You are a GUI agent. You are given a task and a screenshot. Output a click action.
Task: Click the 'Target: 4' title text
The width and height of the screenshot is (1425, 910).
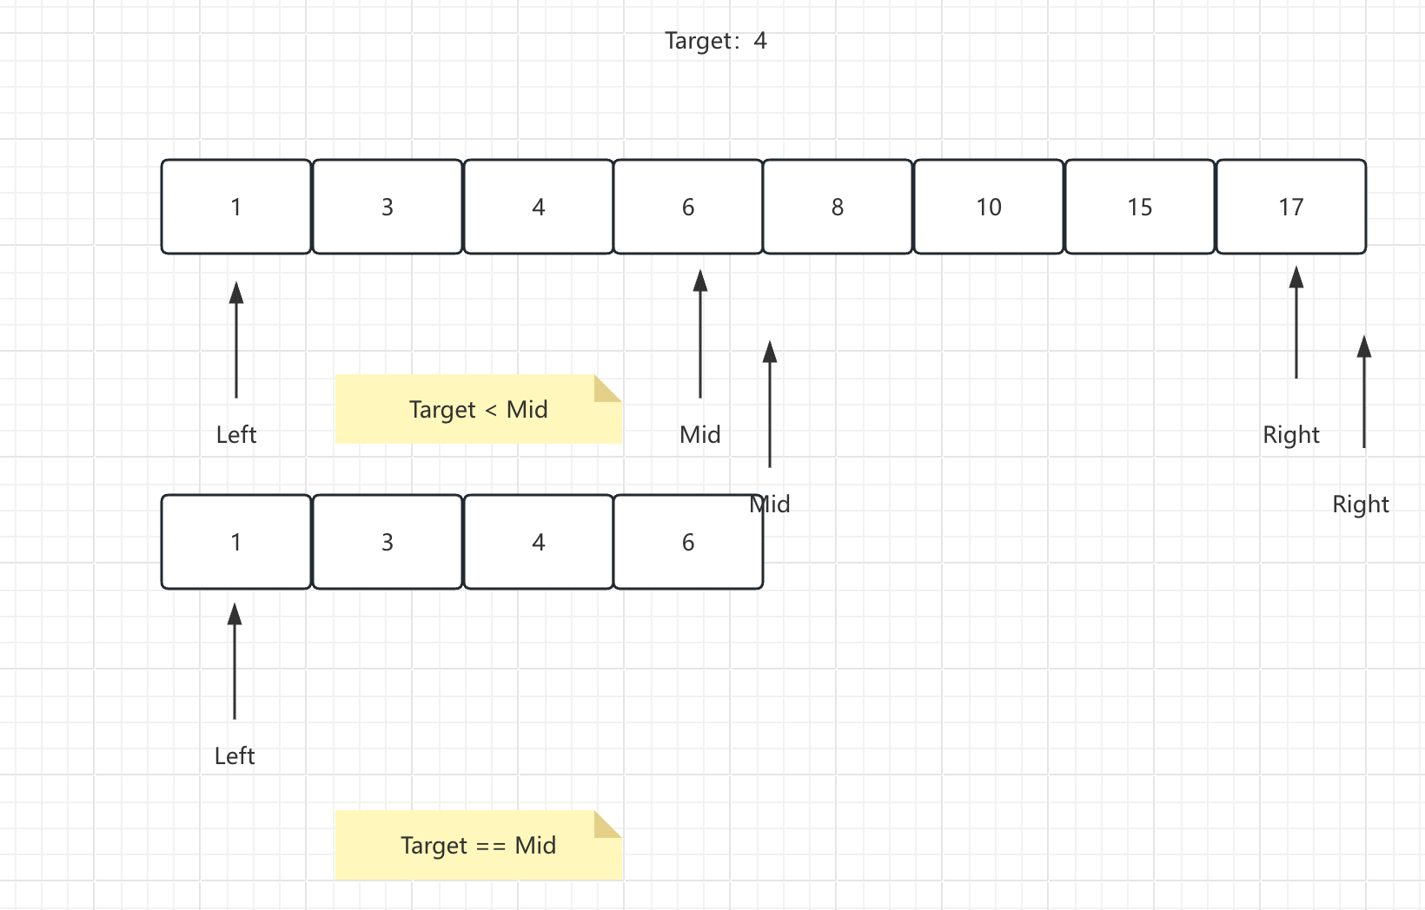[x=716, y=42]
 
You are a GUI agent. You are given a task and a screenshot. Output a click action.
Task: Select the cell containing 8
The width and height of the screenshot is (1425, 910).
[x=838, y=207]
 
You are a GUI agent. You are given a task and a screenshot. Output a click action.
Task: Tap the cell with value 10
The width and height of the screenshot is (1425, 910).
[x=989, y=207]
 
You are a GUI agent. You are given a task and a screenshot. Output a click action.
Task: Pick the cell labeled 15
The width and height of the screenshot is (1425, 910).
[x=1139, y=207]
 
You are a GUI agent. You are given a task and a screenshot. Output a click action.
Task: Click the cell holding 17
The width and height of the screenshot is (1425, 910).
[x=1291, y=207]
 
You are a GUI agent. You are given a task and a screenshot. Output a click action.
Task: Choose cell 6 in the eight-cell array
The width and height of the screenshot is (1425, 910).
[x=687, y=207]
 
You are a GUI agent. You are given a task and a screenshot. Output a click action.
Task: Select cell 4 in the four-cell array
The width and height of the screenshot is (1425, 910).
[x=538, y=542]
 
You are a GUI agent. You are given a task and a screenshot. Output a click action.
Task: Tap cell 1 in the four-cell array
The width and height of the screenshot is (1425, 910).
[x=236, y=542]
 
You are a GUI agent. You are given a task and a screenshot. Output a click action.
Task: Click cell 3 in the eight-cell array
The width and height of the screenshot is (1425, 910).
[x=388, y=207]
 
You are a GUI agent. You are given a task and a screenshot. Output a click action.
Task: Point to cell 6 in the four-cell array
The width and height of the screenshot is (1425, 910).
[x=687, y=542]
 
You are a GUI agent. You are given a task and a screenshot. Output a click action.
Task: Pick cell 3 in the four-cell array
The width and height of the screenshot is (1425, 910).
[x=388, y=542]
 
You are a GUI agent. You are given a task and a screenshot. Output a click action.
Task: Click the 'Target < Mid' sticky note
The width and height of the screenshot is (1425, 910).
[x=479, y=409]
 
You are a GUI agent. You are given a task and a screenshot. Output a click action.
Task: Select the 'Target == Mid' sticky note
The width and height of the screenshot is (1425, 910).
[x=479, y=845]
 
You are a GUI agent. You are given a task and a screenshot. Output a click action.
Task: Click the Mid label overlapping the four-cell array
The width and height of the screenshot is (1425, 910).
[x=770, y=504]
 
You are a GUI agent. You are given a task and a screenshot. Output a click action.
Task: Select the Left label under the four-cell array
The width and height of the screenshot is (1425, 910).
[x=235, y=756]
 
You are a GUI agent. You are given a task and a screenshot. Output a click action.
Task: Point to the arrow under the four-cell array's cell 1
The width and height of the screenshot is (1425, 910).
[x=235, y=661]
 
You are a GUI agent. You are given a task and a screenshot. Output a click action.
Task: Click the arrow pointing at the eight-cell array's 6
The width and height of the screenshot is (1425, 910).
[x=700, y=333]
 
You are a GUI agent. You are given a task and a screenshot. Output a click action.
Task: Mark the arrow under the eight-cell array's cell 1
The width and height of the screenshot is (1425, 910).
[x=236, y=340]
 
